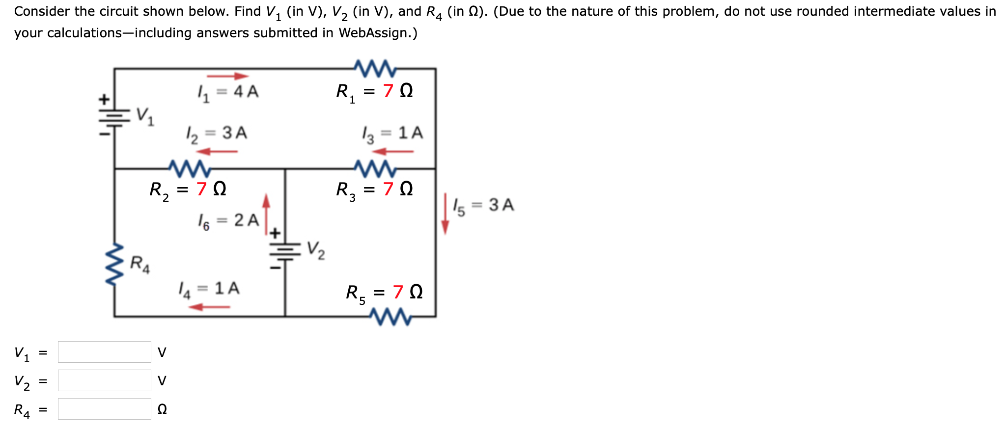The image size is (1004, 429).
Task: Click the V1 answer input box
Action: pos(104,352)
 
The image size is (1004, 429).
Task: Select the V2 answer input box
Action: pos(104,380)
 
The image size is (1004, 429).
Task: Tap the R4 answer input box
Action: pos(104,409)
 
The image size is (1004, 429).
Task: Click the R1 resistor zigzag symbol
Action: pos(374,68)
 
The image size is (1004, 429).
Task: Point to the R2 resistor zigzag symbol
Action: pos(190,168)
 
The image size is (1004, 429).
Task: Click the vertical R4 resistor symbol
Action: pos(115,265)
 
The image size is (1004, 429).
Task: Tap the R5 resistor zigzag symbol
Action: pos(391,317)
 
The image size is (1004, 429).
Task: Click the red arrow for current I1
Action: pos(227,76)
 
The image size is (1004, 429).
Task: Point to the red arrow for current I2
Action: pos(217,152)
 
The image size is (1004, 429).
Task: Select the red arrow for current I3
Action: pos(393,152)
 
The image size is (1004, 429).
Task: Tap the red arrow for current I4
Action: pos(209,307)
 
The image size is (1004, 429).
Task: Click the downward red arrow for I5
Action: pos(445,214)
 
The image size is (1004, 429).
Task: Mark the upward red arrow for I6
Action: pos(266,213)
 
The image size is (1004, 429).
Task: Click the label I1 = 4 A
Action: pos(227,92)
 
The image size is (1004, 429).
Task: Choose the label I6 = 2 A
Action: pos(228,221)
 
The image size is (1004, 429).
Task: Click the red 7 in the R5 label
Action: pos(398,292)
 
